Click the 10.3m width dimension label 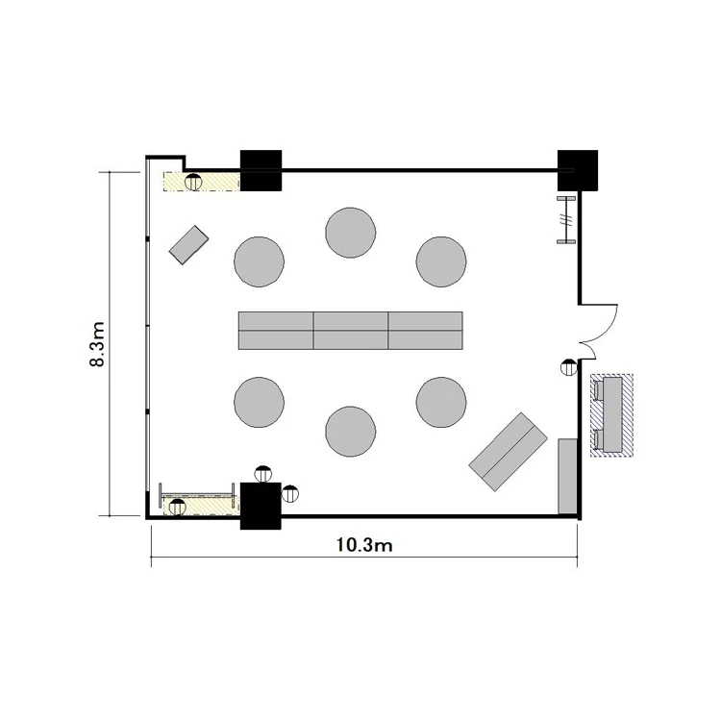pyautogui.click(x=364, y=545)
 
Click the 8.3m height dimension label pyautogui.click(x=97, y=344)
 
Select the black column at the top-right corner pyautogui.click(x=578, y=170)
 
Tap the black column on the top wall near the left pyautogui.click(x=261, y=170)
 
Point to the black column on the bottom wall pyautogui.click(x=261, y=506)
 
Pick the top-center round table pyautogui.click(x=350, y=233)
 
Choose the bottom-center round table pyautogui.click(x=350, y=432)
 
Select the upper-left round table pyautogui.click(x=259, y=262)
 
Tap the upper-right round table pyautogui.click(x=441, y=262)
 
